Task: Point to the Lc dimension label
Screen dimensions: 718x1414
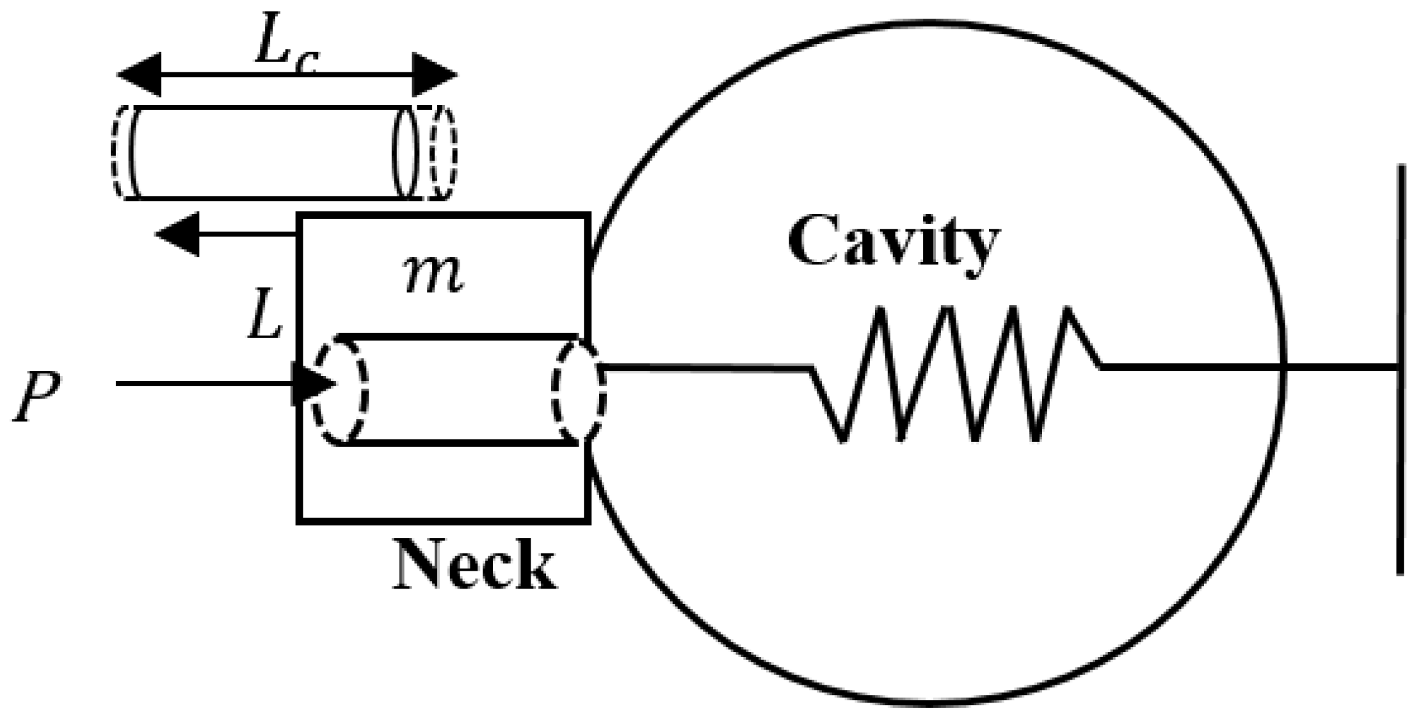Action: [285, 49]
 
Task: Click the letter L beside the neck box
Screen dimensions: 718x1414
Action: [264, 320]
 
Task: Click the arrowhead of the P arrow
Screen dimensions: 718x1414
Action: [314, 384]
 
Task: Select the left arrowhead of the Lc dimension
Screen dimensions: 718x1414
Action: [138, 75]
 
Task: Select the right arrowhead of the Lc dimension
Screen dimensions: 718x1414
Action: [435, 75]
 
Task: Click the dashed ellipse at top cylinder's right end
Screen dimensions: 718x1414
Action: [444, 152]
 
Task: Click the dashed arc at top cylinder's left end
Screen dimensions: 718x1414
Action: [118, 152]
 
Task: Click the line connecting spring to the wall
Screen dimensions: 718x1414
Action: [1248, 368]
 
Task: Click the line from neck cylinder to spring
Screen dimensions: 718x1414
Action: [704, 368]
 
